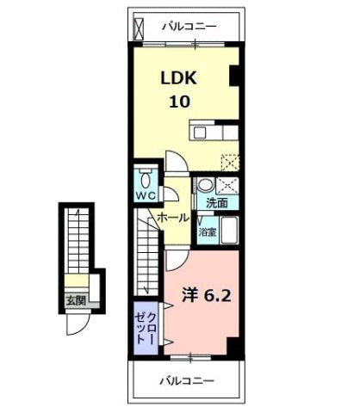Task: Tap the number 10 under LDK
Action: point(179,101)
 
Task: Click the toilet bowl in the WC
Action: point(145,179)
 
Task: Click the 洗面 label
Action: point(215,203)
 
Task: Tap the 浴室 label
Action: point(208,232)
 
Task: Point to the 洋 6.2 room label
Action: point(204,295)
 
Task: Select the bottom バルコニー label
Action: point(186,379)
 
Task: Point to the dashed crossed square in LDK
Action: point(228,161)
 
